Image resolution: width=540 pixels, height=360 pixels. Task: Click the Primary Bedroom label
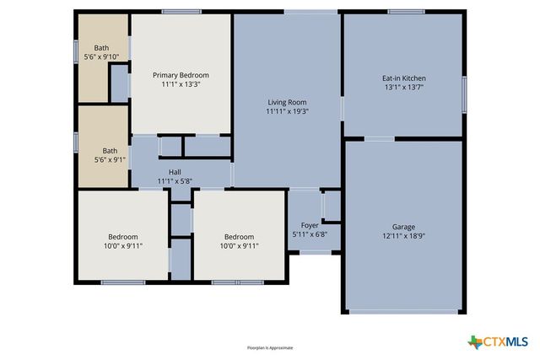pos(181,75)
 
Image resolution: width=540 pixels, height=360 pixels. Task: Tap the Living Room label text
pos(286,102)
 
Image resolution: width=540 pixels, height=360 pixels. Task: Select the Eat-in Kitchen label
pos(404,78)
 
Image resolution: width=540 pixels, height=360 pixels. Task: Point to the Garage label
pos(403,227)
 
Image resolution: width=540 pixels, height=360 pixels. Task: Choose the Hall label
pos(175,172)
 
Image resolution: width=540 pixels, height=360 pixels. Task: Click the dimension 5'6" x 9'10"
pos(101,56)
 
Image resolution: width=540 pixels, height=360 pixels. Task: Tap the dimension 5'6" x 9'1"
pos(101,159)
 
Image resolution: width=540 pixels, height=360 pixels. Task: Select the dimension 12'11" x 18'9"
pos(403,236)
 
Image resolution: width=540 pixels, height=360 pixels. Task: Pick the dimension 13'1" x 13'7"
pos(404,88)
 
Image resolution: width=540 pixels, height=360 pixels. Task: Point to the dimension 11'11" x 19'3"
pos(286,111)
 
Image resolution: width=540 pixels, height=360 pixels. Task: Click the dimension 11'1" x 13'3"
pos(181,84)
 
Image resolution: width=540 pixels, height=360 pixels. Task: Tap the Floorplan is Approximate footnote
pos(270,347)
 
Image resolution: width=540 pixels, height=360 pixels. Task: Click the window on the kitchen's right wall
pos(463,89)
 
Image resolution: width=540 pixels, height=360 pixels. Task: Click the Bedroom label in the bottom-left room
pos(122,237)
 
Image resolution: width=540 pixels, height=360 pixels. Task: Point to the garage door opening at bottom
pos(403,313)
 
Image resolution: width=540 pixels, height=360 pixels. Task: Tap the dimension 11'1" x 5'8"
pos(175,181)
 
